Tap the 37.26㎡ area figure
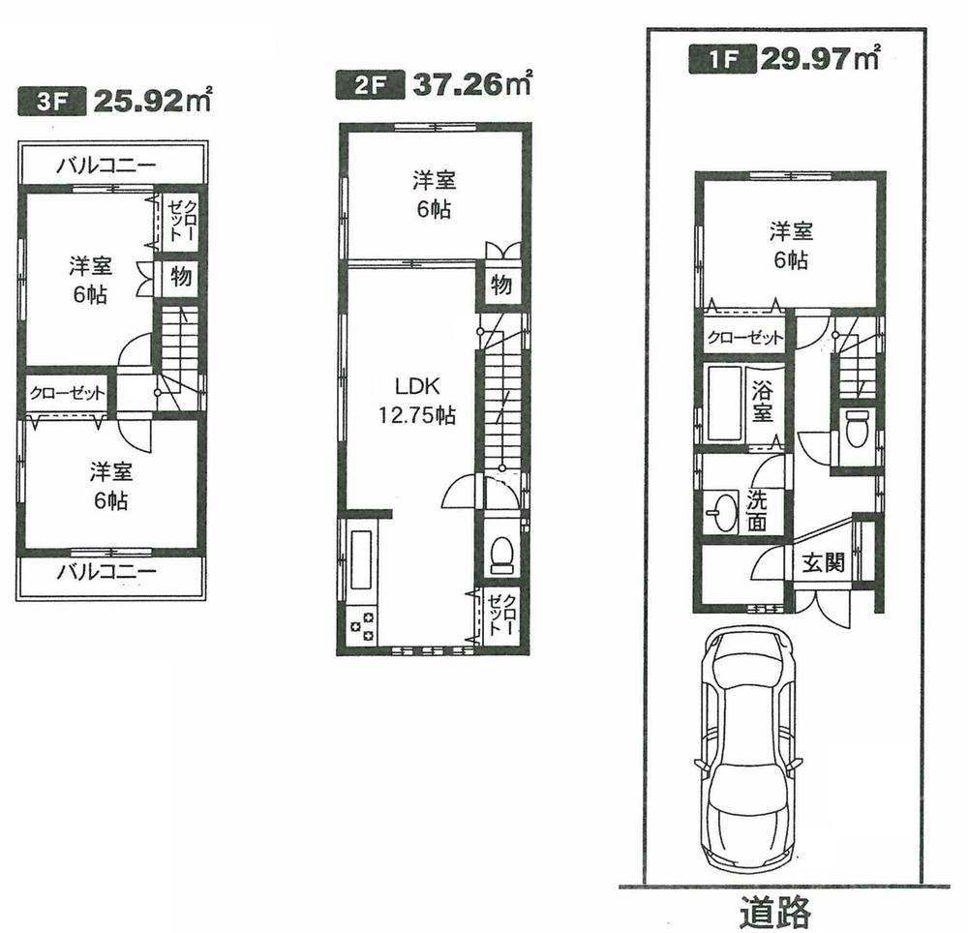(473, 85)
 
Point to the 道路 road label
(775, 911)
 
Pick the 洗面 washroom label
(757, 509)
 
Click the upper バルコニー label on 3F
(106, 166)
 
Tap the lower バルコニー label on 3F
(106, 571)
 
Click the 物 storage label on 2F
(500, 286)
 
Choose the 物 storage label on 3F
(180, 277)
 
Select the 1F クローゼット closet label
(744, 338)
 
